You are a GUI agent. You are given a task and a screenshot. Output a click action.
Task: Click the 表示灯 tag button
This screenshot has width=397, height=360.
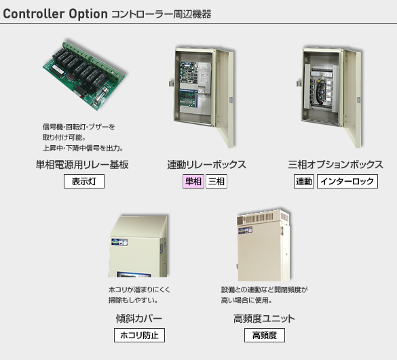[84, 181]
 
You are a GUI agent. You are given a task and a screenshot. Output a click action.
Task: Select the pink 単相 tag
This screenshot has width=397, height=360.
[193, 181]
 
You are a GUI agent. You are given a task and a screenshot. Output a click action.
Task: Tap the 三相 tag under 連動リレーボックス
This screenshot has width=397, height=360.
[216, 181]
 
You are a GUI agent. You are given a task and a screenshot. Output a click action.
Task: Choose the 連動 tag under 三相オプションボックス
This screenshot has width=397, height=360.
[304, 181]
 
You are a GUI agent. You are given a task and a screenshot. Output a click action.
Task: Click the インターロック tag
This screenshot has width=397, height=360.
[347, 181]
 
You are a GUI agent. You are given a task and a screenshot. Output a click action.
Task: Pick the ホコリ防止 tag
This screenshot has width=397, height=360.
[139, 335]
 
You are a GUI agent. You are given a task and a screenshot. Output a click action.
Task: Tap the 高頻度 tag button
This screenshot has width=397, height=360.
[265, 335]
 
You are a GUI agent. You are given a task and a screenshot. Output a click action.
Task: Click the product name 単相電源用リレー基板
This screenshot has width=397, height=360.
[82, 165]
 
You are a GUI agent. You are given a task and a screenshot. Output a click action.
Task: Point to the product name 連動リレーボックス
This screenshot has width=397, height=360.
[206, 165]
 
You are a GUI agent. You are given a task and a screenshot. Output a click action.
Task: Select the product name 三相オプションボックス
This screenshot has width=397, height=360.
[336, 165]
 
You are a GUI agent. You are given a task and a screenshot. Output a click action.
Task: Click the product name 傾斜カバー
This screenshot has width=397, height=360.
[139, 319]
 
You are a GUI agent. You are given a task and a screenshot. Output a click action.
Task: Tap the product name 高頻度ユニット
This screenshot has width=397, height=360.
[264, 319]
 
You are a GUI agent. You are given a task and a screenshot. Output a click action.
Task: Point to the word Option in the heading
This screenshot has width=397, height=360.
[88, 14]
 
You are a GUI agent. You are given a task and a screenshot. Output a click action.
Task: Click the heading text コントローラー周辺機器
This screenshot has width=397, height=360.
[162, 14]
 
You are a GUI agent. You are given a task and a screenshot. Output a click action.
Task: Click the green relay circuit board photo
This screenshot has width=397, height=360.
[84, 75]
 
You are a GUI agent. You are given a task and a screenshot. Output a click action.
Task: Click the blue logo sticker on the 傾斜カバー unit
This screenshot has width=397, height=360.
[119, 242]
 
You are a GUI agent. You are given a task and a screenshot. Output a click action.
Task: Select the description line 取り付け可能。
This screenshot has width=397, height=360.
[64, 138]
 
